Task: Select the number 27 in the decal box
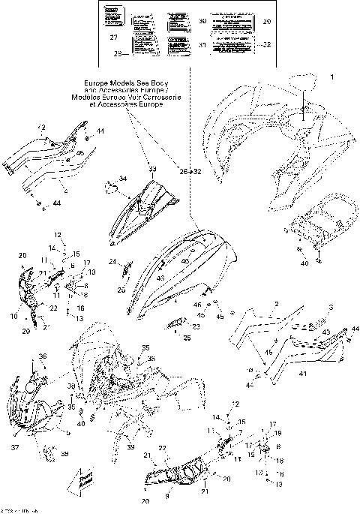point(135,38)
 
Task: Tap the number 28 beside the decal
point(117,54)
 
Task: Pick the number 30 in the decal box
point(202,23)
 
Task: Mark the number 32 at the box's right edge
point(267,45)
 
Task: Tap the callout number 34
point(123,179)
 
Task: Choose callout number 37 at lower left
point(13,447)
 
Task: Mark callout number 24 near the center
point(110,262)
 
